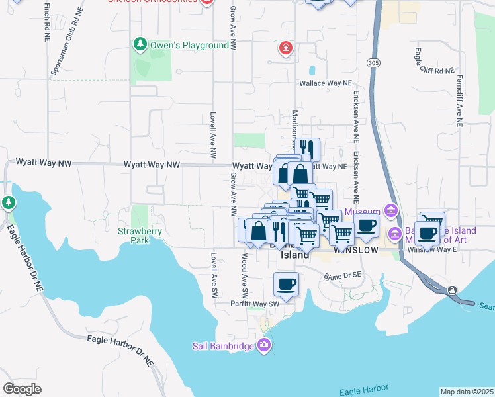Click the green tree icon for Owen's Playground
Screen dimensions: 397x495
click(140, 44)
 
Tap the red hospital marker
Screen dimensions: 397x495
click(285, 48)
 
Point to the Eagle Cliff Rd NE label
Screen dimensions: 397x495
click(434, 70)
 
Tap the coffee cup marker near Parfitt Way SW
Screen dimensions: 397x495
click(286, 284)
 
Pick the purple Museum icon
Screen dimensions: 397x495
click(391, 212)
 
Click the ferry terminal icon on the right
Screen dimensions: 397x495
click(452, 290)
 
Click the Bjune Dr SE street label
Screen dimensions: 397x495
click(342, 275)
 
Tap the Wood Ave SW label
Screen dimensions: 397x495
click(245, 274)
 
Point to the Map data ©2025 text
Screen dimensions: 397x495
click(466, 392)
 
